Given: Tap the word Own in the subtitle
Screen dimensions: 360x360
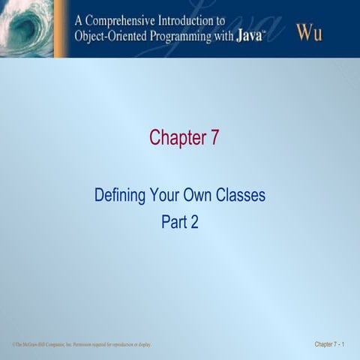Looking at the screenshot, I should pos(198,196).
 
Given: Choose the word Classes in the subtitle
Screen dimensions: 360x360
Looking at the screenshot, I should pos(241,196).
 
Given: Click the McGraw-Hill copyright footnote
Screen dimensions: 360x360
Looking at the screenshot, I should pos(82,345).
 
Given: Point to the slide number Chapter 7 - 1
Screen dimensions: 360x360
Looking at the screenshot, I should pos(330,345).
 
